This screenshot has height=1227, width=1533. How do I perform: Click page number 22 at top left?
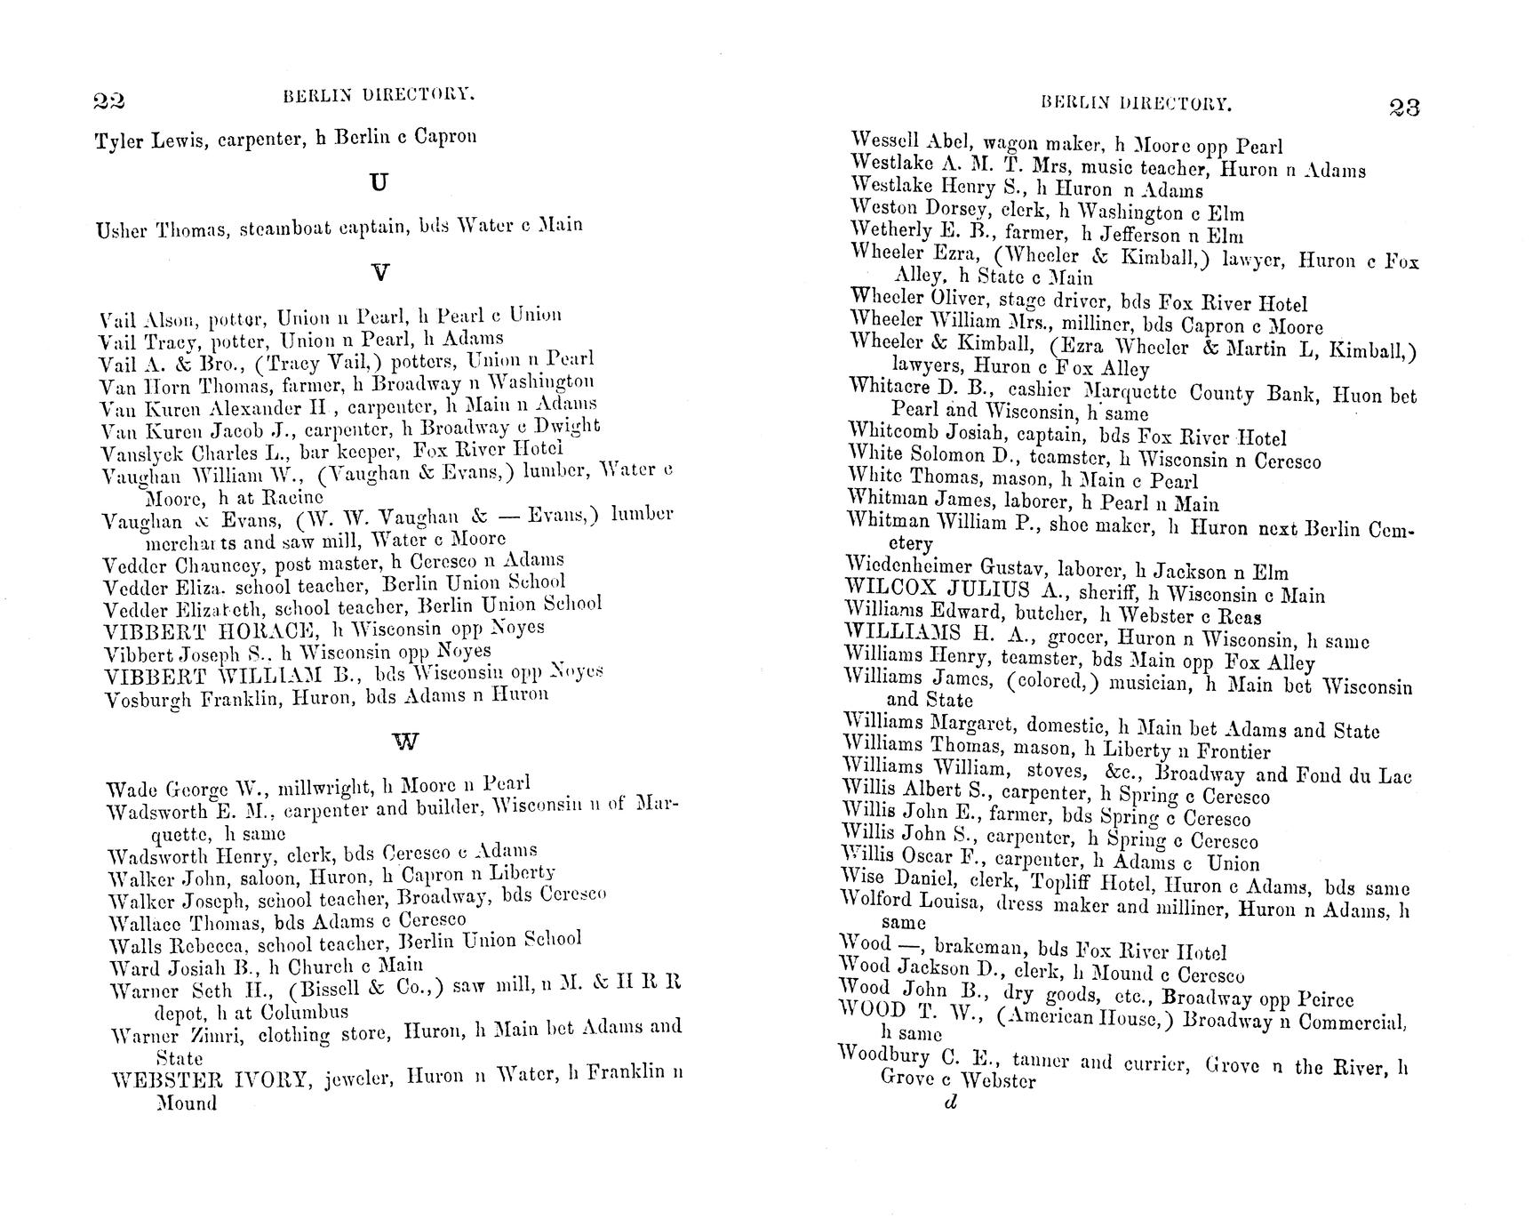click(108, 100)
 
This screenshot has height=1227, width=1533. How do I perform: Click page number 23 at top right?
click(1403, 108)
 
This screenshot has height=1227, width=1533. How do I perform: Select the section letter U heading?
click(379, 182)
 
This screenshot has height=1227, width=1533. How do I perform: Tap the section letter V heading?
click(379, 272)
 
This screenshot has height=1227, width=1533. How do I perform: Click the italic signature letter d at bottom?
click(950, 1103)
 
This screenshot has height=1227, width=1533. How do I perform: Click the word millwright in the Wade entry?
click(323, 787)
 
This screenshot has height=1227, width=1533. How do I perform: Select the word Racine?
click(293, 498)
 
